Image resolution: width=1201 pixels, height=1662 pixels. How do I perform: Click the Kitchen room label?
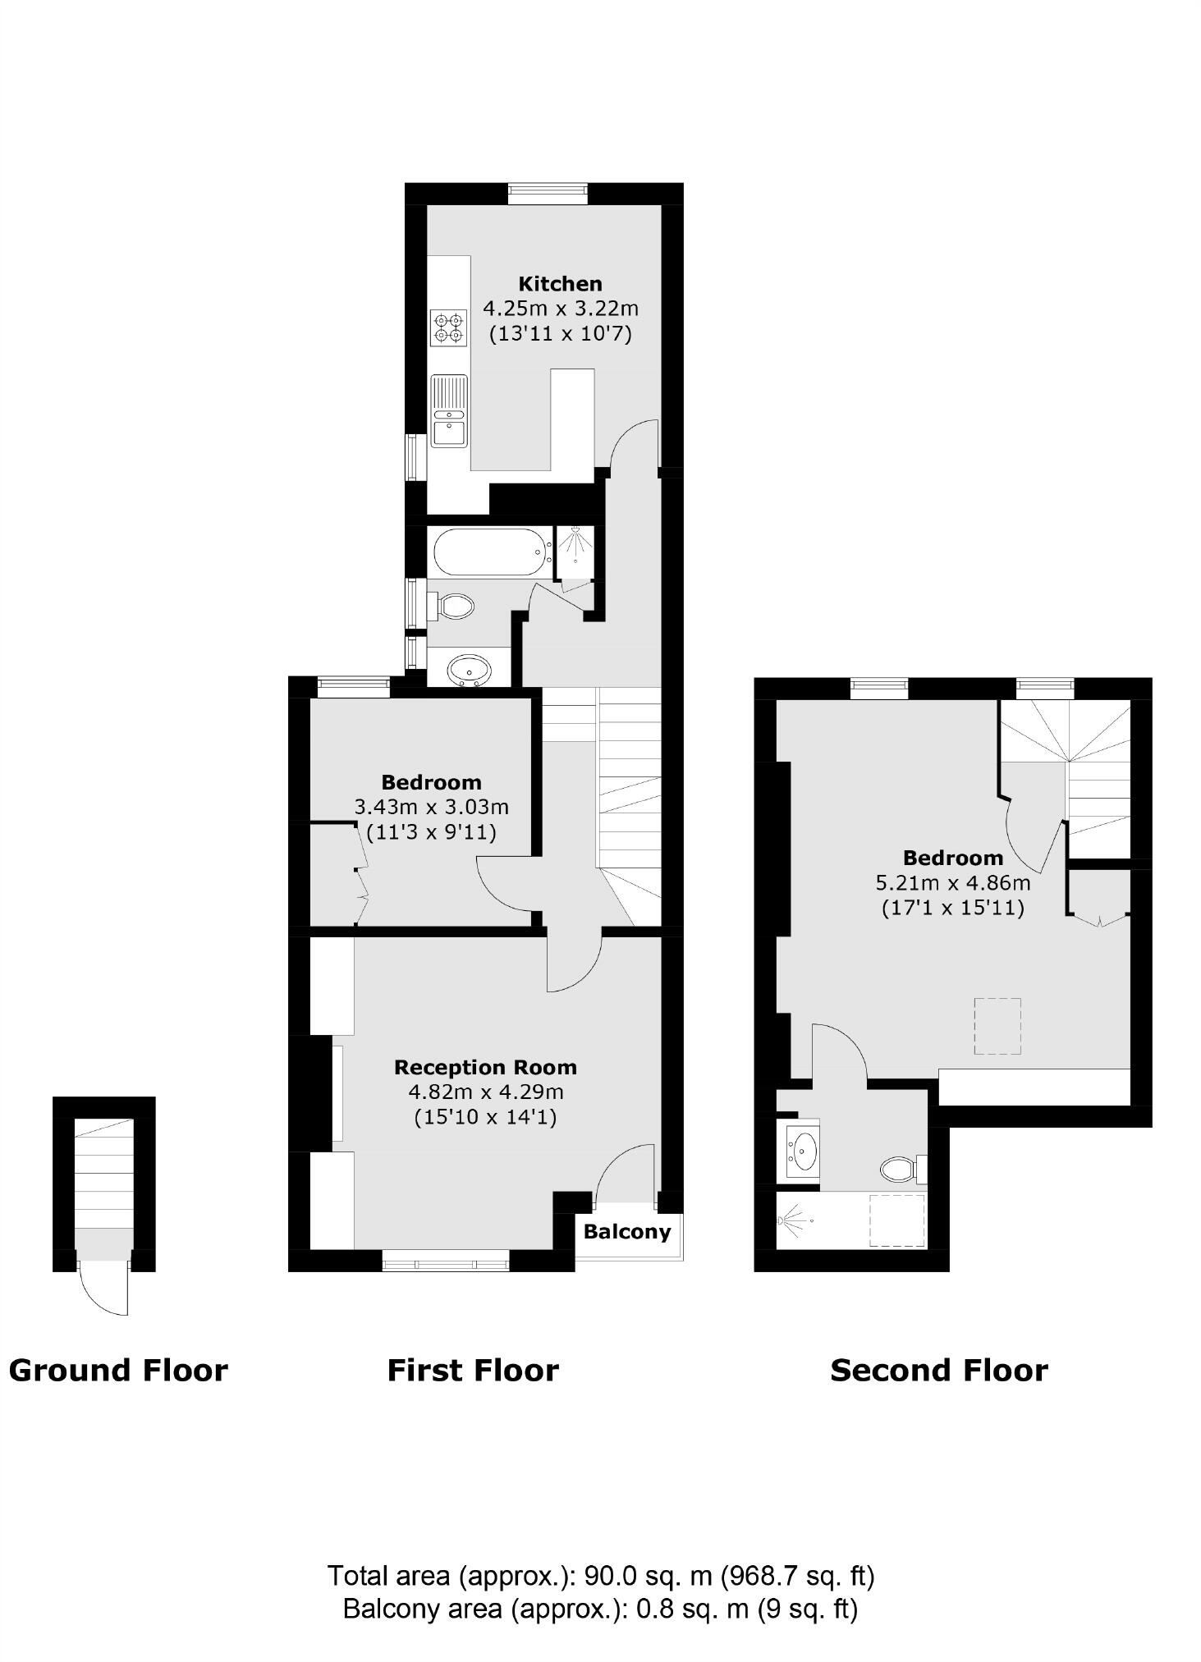coord(560,284)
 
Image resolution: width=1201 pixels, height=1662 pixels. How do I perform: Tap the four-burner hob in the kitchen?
coord(449,327)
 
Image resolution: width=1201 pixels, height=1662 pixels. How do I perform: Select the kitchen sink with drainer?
coord(449,411)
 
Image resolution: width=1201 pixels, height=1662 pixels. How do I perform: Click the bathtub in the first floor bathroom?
coord(492,552)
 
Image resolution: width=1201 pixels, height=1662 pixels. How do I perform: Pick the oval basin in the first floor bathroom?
coord(470,669)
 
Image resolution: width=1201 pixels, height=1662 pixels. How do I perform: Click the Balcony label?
coord(627,1231)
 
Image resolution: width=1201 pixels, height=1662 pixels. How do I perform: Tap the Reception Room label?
coord(485,1067)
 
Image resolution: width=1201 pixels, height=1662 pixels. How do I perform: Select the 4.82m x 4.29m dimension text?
coord(485,1092)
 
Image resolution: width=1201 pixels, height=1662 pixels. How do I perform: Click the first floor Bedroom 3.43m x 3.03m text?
coord(431,807)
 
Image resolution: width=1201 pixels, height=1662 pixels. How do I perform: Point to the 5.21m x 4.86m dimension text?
coord(953,883)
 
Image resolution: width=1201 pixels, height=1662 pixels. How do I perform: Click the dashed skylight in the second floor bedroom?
coord(997,1026)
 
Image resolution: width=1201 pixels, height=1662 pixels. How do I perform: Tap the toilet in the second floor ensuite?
coord(901,1168)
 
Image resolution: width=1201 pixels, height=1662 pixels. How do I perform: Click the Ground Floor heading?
coord(118,1371)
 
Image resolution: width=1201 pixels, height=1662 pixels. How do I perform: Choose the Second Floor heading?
coord(938,1371)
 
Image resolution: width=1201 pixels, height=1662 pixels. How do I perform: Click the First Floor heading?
coord(473,1371)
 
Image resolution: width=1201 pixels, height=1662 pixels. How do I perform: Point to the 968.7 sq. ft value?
coord(797,1575)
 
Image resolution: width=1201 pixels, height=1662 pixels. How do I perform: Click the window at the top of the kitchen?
coord(548,195)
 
